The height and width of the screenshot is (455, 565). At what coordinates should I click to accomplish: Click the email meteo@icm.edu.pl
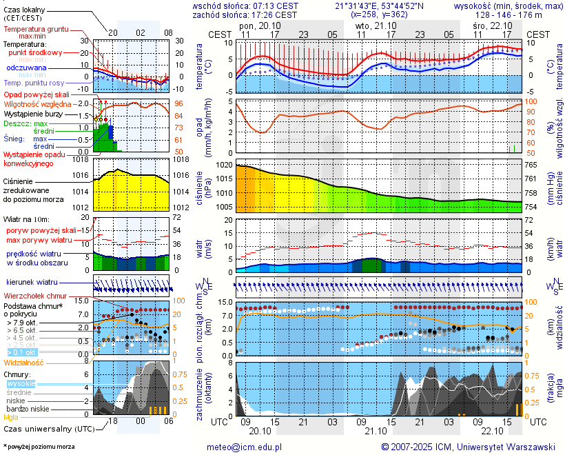click(245, 447)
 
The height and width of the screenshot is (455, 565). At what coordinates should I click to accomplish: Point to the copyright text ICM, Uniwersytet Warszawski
click(469, 447)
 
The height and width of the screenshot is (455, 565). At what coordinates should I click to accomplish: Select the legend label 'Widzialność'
click(23, 361)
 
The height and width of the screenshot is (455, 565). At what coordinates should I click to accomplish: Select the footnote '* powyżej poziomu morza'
click(39, 447)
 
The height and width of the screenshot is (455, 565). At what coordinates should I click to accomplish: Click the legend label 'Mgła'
click(11, 416)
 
